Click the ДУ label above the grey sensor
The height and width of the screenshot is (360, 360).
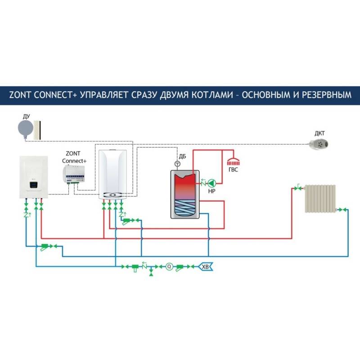coord(26,116)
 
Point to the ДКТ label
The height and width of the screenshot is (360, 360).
coord(319,134)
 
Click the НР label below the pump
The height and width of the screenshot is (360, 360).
coord(211,191)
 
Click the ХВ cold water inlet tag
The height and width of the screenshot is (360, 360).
coord(206,267)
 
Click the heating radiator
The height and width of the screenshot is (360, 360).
coord(320,198)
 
